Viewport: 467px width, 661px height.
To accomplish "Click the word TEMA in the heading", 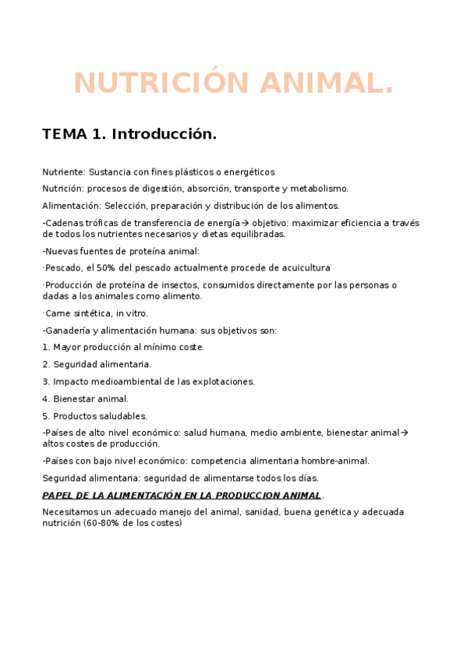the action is tap(65, 134).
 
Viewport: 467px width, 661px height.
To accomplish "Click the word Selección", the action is tap(125, 206).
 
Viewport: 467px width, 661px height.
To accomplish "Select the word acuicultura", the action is tap(304, 267).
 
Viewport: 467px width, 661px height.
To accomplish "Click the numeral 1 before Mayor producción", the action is tap(45, 348).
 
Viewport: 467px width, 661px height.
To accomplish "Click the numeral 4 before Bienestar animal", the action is tap(45, 399).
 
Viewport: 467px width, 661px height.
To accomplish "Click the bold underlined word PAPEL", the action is tap(59, 495).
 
